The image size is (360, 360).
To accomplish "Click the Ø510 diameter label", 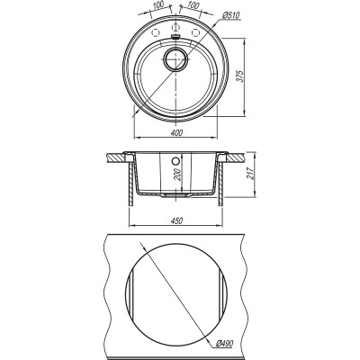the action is pos(231,15).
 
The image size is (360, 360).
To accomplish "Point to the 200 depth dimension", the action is pos(178,174).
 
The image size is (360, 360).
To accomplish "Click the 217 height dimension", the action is pos(250,173).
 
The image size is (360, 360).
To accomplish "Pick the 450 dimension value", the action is pos(176,220).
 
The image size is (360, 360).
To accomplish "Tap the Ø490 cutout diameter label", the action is pos(225,343).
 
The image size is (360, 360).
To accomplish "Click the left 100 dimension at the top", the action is pos(157,4).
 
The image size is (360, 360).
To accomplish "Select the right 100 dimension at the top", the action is pos(193,4).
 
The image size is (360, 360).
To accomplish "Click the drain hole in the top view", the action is pos(175,58).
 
